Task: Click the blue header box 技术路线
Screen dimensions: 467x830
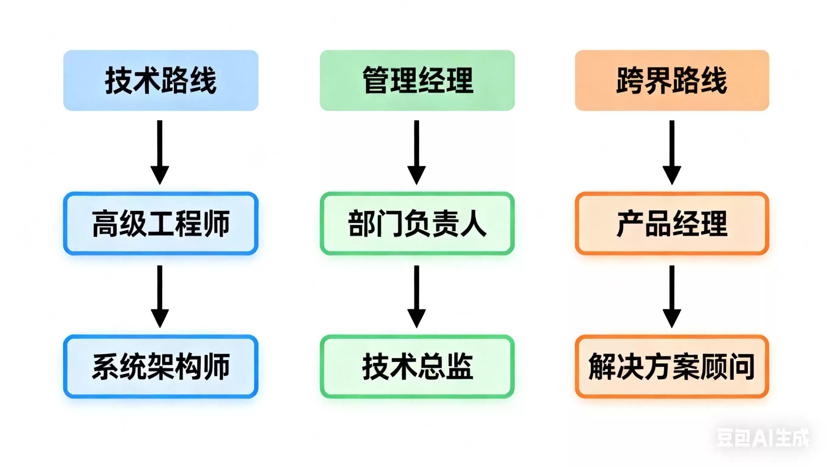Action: pyautogui.click(x=161, y=80)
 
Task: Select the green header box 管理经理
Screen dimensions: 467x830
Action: pyautogui.click(x=417, y=80)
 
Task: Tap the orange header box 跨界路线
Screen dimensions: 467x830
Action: pyautogui.click(x=672, y=80)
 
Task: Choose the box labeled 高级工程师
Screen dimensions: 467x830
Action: pyautogui.click(x=161, y=224)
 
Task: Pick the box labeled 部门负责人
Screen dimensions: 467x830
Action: pyautogui.click(x=417, y=224)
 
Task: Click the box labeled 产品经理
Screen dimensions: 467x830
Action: pyautogui.click(x=672, y=224)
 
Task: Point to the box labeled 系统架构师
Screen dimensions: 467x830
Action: pyautogui.click(x=161, y=366)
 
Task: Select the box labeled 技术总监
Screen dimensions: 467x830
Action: pyautogui.click(x=417, y=366)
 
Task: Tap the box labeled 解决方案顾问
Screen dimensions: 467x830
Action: pyautogui.click(x=672, y=366)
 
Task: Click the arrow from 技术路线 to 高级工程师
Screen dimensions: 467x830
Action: pyautogui.click(x=160, y=152)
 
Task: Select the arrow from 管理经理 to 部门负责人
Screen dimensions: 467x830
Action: pyautogui.click(x=416, y=152)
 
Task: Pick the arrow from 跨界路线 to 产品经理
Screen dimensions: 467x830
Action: pyautogui.click(x=672, y=152)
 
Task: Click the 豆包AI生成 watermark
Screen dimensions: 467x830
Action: pyautogui.click(x=762, y=438)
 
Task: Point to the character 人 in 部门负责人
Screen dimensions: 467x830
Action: pyautogui.click(x=473, y=224)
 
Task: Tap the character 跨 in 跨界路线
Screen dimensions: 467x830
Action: pyautogui.click(x=630, y=80)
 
